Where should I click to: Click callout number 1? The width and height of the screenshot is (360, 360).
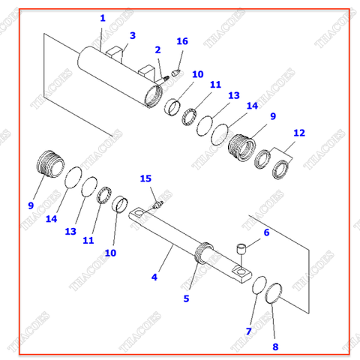pos(102,17)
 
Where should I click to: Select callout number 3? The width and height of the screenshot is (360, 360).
pos(132,35)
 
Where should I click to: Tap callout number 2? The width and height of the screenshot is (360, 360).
pos(157,50)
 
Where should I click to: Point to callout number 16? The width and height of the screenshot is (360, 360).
pos(181,41)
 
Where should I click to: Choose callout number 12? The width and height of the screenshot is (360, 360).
pos(299,133)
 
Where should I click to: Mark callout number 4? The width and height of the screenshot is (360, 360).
pos(154,277)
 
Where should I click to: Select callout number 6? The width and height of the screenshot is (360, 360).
pos(265,232)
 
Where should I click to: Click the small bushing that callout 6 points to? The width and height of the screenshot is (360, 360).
pos(242,248)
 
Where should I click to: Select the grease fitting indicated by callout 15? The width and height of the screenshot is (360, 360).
pos(157,202)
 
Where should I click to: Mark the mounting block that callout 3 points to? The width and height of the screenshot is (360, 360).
pos(117,55)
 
